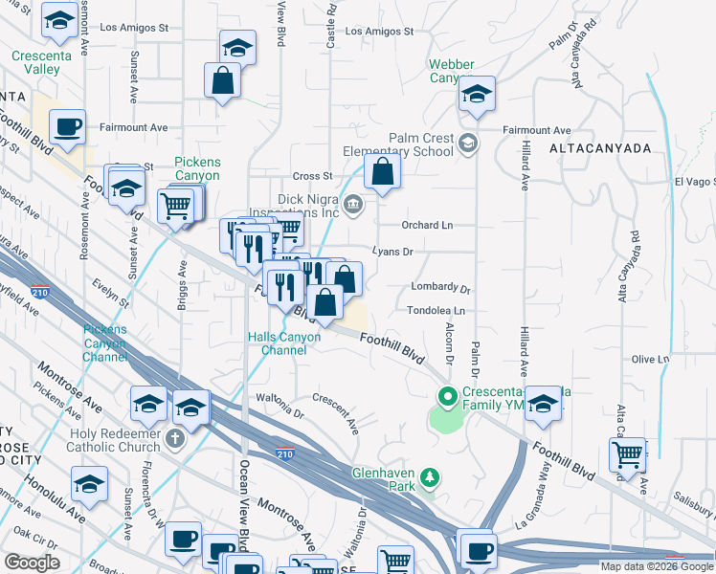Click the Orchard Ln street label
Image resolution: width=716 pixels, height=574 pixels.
pyautogui.click(x=426, y=226)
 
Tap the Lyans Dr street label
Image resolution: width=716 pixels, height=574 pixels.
pyautogui.click(x=392, y=253)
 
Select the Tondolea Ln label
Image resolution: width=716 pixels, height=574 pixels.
pyautogui.click(x=436, y=311)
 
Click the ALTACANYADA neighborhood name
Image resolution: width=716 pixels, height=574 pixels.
pyautogui.click(x=600, y=149)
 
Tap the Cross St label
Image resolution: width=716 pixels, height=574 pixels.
pyautogui.click(x=312, y=176)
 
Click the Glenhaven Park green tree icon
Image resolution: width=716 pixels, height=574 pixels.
pyautogui.click(x=432, y=476)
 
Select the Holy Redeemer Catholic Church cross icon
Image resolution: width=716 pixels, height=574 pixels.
pyautogui.click(x=173, y=438)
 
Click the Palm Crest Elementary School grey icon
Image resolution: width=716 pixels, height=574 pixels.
pyautogui.click(x=467, y=143)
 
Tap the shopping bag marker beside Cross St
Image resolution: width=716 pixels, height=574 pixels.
pyautogui.click(x=382, y=172)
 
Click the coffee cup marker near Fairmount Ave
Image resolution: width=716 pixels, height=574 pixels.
pyautogui.click(x=67, y=127)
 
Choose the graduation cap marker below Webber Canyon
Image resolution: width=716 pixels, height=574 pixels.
pyautogui.click(x=476, y=94)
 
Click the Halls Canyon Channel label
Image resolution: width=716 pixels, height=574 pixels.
pyautogui.click(x=291, y=343)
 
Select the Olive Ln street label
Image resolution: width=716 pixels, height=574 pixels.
pyautogui.click(x=649, y=360)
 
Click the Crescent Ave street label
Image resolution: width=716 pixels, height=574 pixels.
pyautogui.click(x=336, y=411)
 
